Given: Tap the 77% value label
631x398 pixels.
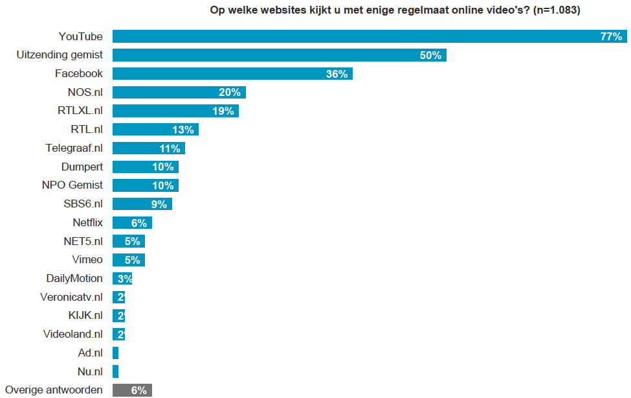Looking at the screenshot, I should (x=610, y=36).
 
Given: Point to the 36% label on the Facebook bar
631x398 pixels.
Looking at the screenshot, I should (x=337, y=74).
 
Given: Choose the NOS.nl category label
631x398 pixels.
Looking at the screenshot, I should (x=85, y=92).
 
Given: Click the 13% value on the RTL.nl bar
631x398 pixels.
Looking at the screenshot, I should (x=183, y=130).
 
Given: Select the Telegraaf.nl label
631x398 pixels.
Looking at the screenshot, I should (x=74, y=148).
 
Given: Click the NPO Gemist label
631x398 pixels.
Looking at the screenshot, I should (x=72, y=185).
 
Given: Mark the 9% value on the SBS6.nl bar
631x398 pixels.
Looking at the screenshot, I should (x=159, y=204).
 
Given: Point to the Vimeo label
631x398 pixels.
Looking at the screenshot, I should (x=87, y=260).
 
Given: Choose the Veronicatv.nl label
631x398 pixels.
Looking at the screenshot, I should (x=71, y=298).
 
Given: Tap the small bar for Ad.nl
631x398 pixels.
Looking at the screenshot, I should (x=115, y=353).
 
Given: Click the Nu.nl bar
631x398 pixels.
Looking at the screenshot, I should (x=115, y=371).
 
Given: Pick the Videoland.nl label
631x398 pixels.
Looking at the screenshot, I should (x=73, y=334).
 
